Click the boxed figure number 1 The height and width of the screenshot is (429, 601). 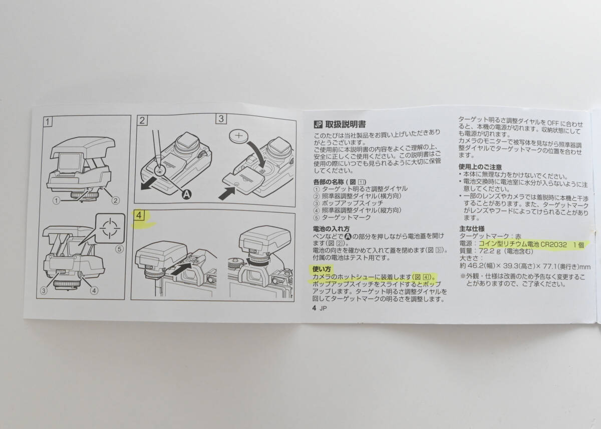(48, 122)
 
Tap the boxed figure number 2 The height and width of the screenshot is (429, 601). (142, 120)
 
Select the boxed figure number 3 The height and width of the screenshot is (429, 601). (221, 119)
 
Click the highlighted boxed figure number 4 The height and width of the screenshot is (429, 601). (139, 215)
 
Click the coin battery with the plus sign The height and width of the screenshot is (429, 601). (239, 136)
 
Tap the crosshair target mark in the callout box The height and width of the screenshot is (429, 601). (110, 228)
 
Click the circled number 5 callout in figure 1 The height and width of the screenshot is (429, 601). (119, 249)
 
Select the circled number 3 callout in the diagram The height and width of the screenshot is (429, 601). (44, 290)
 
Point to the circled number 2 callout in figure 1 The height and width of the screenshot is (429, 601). (116, 200)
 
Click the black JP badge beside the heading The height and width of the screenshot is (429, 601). (318, 125)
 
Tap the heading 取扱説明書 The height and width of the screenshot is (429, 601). (346, 125)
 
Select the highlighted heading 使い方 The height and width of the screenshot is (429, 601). (322, 269)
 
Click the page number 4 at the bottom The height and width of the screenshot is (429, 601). (314, 308)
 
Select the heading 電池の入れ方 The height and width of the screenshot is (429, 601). (332, 229)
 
